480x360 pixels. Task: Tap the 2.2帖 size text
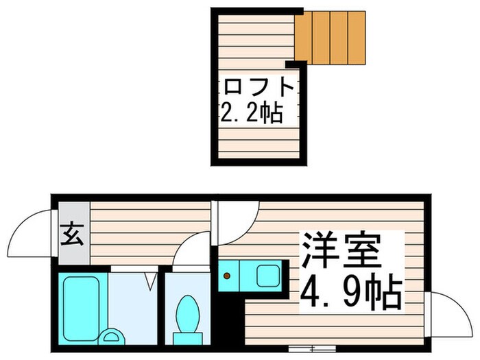[x=251, y=112]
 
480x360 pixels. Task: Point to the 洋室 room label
[x=339, y=252]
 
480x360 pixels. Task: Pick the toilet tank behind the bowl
[x=186, y=337]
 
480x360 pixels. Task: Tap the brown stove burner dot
[x=226, y=276]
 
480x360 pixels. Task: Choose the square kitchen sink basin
[x=267, y=276]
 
